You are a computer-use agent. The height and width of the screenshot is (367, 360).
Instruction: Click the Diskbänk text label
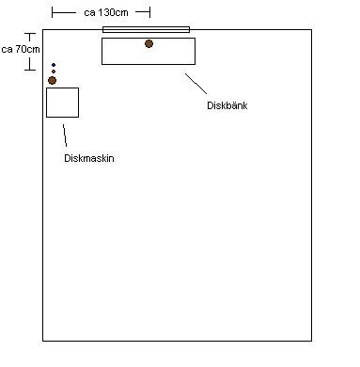pos(227,105)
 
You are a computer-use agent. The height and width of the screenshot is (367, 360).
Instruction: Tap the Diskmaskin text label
pos(89,158)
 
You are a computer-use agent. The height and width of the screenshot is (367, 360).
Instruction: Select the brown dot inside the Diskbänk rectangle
pos(149,43)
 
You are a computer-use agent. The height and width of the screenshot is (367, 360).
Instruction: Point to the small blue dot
pos(54,65)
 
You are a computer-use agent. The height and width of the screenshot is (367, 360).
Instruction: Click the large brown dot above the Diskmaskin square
pos(52,81)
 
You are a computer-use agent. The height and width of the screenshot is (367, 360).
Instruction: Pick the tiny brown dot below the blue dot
pos(54,72)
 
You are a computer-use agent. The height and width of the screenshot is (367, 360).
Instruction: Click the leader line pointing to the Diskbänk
pos(196,84)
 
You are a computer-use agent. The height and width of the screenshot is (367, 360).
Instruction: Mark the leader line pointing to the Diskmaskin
pos(65,136)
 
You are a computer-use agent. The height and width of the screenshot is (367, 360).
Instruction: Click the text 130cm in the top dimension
pos(113,12)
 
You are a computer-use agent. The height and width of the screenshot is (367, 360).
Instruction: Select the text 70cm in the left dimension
pos(27,49)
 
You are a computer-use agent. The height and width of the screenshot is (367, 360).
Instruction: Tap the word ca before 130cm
pos(89,13)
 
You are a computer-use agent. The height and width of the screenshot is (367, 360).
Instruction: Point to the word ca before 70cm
pos(7,50)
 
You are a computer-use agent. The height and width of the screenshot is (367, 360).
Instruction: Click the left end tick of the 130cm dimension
pos(52,12)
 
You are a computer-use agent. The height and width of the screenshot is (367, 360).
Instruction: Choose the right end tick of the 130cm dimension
pos(149,12)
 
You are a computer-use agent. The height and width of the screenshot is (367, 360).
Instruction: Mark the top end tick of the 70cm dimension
pos(30,33)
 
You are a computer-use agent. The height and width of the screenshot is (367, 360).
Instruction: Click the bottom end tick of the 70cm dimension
pos(30,70)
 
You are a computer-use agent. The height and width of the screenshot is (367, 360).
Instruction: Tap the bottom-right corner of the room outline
pos(311,341)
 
